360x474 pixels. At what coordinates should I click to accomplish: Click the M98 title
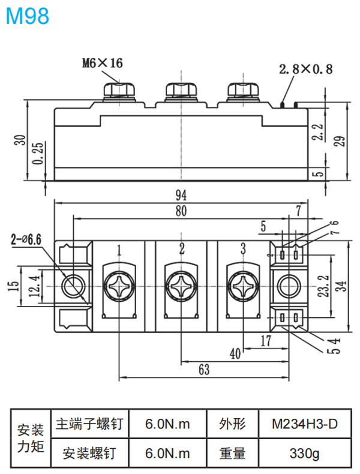pyautogui.click(x=28, y=16)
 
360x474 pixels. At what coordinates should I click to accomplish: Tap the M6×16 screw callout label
pyautogui.click(x=103, y=62)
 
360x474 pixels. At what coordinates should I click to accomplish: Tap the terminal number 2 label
pyautogui.click(x=181, y=249)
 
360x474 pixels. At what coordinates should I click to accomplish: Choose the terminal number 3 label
pyautogui.click(x=242, y=249)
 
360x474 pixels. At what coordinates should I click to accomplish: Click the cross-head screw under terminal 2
pyautogui.click(x=181, y=284)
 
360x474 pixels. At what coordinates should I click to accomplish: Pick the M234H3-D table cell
pyautogui.click(x=304, y=424)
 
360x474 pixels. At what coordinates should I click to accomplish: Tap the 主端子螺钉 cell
pyautogui.click(x=89, y=424)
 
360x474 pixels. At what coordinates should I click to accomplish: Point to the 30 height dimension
pyautogui.click(x=20, y=140)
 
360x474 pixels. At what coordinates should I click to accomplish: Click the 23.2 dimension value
pyautogui.click(x=324, y=283)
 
